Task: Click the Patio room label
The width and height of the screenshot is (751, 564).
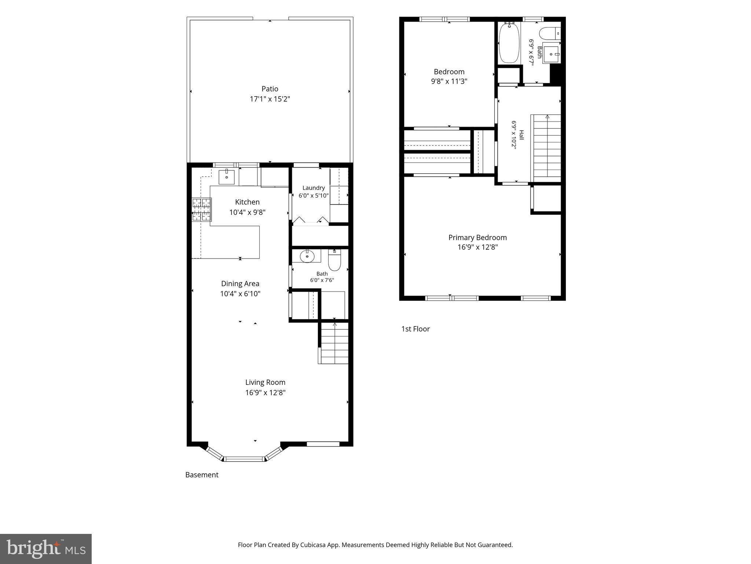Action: point(270,89)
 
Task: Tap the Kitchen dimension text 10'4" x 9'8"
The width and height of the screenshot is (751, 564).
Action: point(248,212)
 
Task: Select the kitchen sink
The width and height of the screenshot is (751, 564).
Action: point(227,177)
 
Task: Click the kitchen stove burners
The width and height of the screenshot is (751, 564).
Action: point(202,210)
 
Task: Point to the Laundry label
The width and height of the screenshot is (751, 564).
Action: point(314,188)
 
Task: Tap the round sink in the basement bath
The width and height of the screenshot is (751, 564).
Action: point(307,256)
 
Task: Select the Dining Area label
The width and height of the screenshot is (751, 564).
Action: point(240,283)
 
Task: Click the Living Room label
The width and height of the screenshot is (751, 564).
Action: point(265,382)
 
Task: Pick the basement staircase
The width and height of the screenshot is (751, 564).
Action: point(333,343)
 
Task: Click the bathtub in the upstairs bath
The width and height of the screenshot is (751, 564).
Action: point(509,43)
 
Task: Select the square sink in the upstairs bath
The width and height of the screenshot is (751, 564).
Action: point(551,55)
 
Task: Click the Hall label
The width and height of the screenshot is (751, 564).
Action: point(521,135)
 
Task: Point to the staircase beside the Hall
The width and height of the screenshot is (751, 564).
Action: point(546,148)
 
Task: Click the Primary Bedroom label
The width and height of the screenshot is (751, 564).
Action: point(477,238)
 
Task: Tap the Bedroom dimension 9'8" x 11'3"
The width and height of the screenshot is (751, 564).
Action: point(449,81)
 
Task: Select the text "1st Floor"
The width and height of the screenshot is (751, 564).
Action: point(415,329)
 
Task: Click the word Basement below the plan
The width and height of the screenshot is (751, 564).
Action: point(202,475)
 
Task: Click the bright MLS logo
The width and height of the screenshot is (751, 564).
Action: point(46,549)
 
